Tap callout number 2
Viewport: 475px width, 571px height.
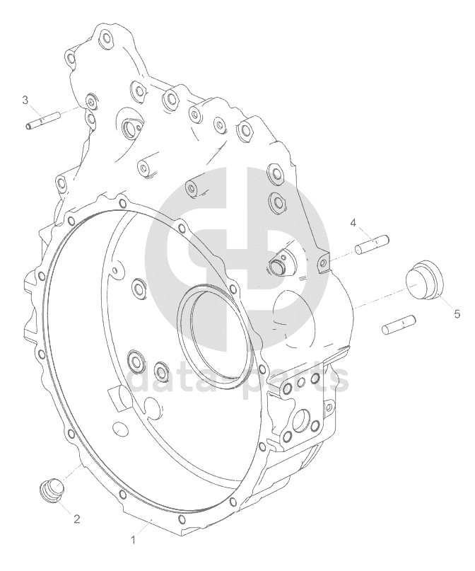click(x=77, y=519)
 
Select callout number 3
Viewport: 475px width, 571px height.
click(x=25, y=100)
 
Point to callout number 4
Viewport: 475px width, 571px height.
click(x=353, y=223)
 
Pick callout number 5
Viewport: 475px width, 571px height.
click(x=457, y=313)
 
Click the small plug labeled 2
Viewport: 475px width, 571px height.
click(x=51, y=488)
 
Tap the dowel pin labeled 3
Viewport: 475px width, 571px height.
click(x=43, y=120)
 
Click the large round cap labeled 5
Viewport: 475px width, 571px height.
click(x=424, y=279)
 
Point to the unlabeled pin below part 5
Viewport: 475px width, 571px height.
click(x=399, y=325)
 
